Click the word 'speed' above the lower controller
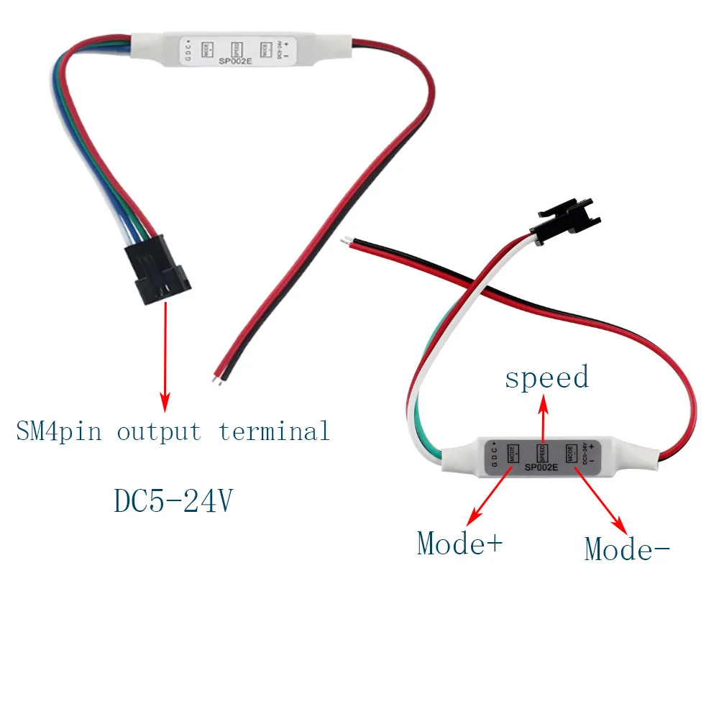[546, 377]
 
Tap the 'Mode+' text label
[460, 544]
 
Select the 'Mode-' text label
[627, 549]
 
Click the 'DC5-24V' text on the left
[173, 501]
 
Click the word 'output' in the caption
[159, 431]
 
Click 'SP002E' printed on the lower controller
[542, 467]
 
